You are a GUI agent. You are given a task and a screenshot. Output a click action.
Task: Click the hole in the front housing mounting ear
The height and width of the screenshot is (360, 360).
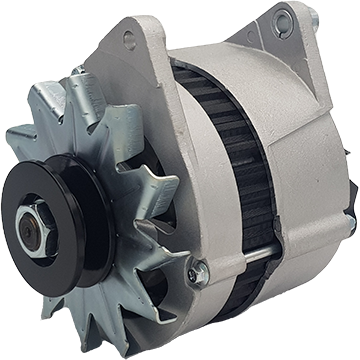(129, 39)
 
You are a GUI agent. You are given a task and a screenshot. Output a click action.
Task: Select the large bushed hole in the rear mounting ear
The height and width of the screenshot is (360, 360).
(283, 18)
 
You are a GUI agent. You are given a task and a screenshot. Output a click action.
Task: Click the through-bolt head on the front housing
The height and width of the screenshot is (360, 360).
(198, 268)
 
